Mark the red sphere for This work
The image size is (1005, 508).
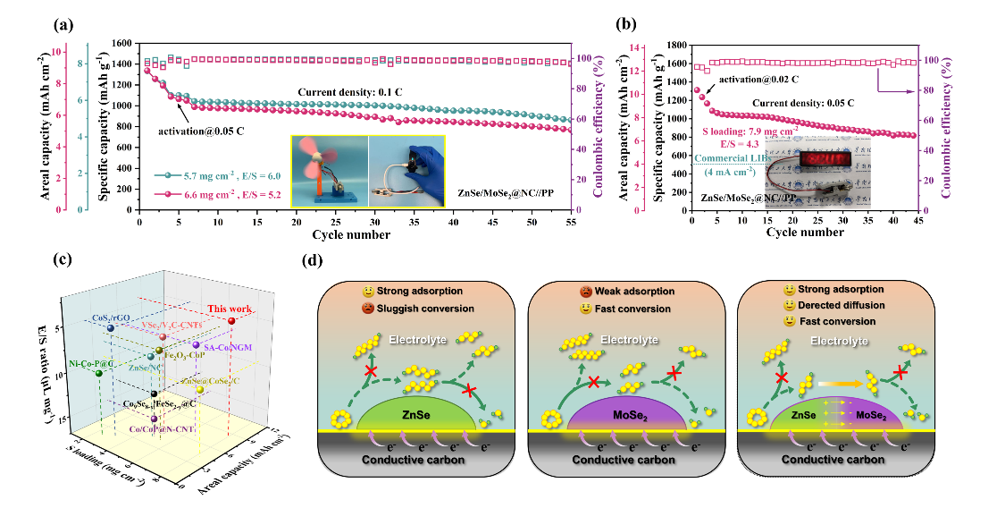pyautogui.click(x=232, y=321)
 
